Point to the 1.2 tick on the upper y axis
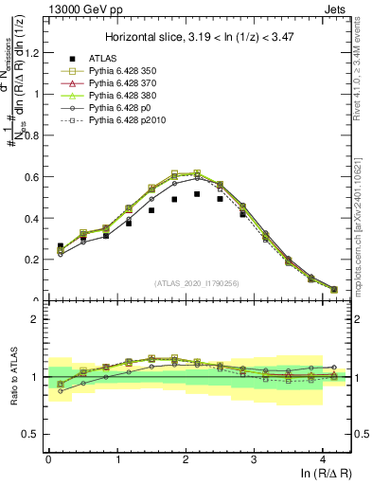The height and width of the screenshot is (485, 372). tap(33, 53)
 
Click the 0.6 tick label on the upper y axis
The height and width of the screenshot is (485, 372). tap(33, 177)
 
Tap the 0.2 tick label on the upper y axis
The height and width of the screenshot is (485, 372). tap(33, 260)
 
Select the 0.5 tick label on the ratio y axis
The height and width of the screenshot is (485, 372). tap(33, 435)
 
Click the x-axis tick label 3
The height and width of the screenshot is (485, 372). tap(255, 458)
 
